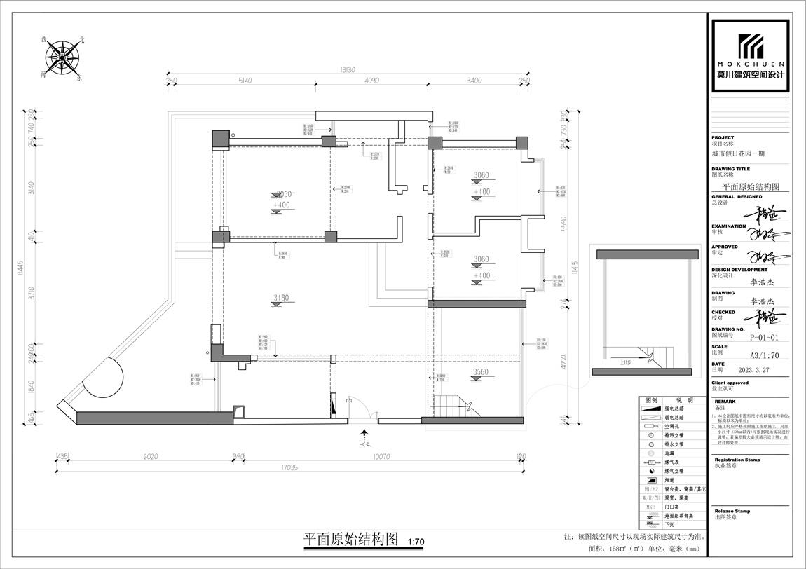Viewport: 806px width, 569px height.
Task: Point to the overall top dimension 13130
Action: coord(348,69)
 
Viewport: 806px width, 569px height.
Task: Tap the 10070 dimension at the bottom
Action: coord(381,457)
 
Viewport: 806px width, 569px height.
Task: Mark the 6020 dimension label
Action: coord(150,457)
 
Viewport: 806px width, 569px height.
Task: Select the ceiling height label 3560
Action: coord(481,371)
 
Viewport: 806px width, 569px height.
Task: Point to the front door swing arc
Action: coord(360,408)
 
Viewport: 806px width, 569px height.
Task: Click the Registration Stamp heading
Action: coord(737,460)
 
